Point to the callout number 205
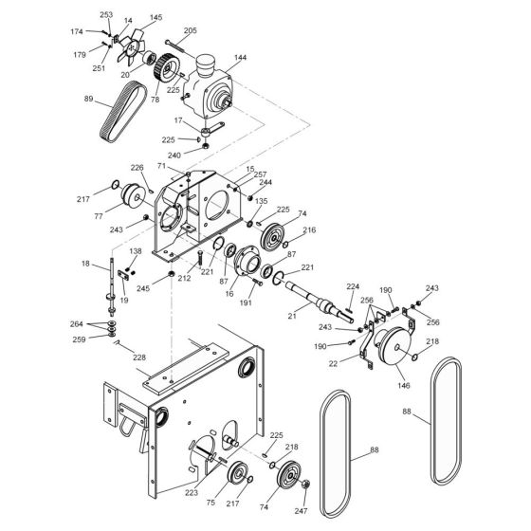pos(190,30)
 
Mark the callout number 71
pos(161,166)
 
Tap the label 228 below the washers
pos(139,357)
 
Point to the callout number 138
pos(136,251)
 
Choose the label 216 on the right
pos(308,230)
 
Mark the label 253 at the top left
pos(106,15)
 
